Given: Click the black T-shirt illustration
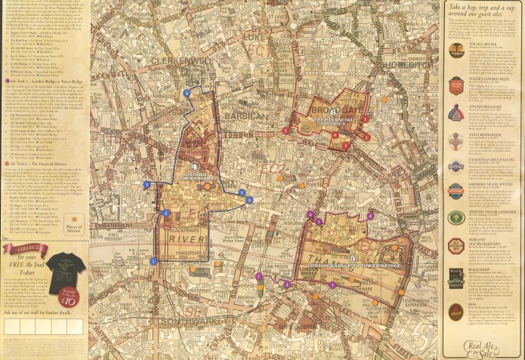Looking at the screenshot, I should pyautogui.click(x=60, y=267).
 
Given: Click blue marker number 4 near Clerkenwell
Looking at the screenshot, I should pyautogui.click(x=187, y=93).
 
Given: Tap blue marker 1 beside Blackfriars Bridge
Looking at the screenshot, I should pyautogui.click(x=153, y=261).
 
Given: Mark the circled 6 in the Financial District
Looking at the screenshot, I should pyautogui.click(x=333, y=112).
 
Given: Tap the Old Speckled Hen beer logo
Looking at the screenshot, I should pyautogui.click(x=456, y=245).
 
